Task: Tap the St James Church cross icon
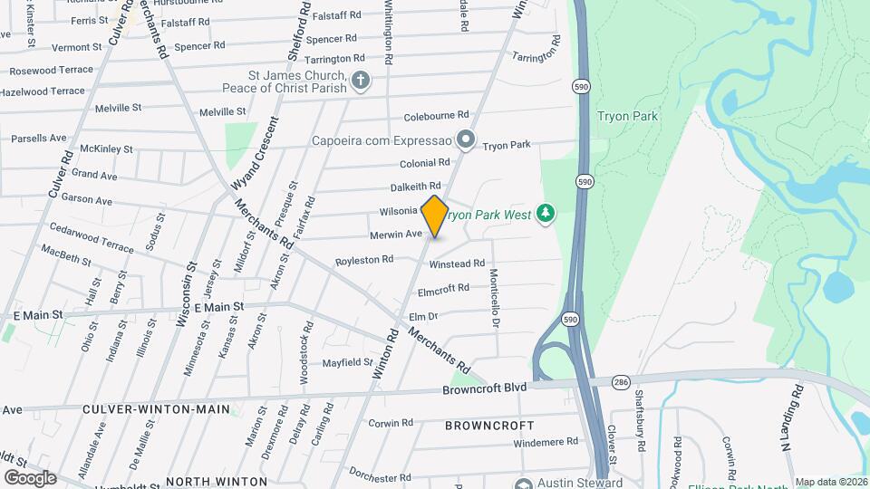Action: coord(361,81)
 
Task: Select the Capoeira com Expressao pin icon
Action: coord(466,139)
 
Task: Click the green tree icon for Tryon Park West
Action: coord(546,213)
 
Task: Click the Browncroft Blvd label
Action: coord(484,388)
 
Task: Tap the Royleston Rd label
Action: coord(364,259)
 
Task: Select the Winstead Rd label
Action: coord(457,264)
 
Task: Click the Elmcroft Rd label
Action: coord(443,289)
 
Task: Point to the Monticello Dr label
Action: coord(495,298)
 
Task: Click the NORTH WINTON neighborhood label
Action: coord(217,481)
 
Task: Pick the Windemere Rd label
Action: coord(546,442)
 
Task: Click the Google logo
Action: coord(30,477)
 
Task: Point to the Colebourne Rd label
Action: coord(436,116)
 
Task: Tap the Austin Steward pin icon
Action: coord(523,484)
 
